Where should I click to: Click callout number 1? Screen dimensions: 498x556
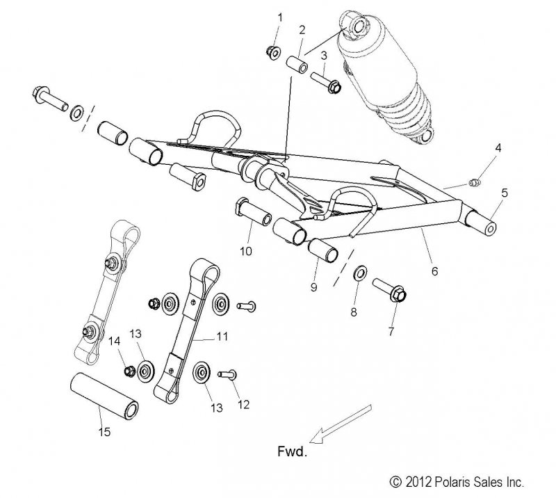tap(280, 15)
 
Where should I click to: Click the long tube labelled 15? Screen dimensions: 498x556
tap(104, 401)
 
